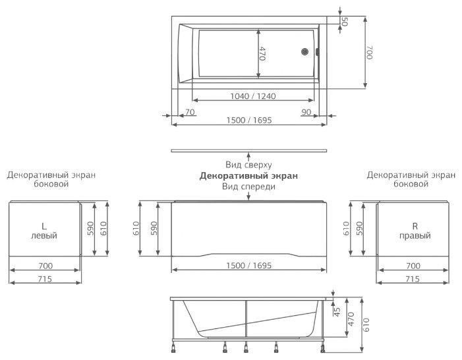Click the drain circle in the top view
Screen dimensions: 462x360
305,51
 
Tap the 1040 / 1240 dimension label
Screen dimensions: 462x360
253,96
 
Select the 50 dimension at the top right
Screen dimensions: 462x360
345,21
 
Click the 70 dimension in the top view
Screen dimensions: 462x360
190,112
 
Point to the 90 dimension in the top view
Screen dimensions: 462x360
306,112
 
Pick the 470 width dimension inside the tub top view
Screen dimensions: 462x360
262,54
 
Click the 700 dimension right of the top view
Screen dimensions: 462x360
370,52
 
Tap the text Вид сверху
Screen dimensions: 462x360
248,165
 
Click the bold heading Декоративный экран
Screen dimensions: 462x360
248,176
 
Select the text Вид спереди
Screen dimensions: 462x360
248,187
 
